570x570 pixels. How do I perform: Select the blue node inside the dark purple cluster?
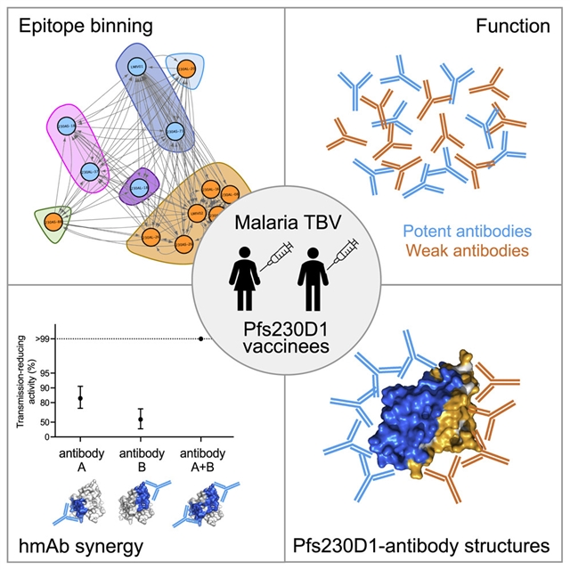(137, 188)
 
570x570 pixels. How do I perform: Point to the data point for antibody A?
(80, 398)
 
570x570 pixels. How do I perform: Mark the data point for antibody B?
(140, 419)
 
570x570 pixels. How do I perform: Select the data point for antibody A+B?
(200, 338)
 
